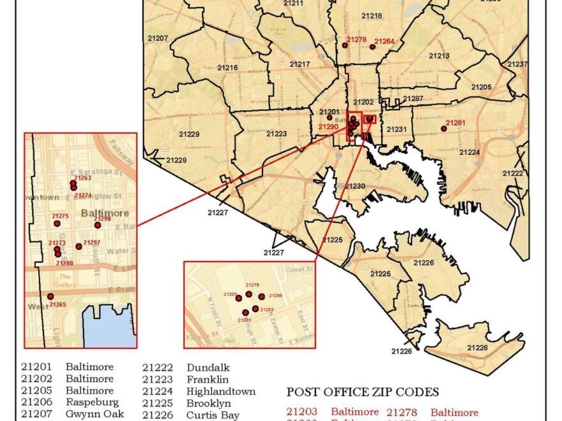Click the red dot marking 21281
[444, 129]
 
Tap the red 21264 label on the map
[384, 42]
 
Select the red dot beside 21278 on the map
[346, 45]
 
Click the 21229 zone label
[189, 135]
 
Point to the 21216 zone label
[227, 68]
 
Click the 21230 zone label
[355, 186]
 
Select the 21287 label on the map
[413, 99]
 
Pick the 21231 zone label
[396, 129]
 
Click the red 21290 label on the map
[328, 127]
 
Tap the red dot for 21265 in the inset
[50, 297]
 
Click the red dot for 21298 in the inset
[98, 225]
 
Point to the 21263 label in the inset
[83, 178]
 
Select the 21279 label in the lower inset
[252, 285]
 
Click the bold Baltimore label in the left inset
[105, 213]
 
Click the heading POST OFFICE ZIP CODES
[363, 392]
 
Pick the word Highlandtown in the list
[221, 392]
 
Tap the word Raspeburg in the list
[92, 403]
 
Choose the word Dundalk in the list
[208, 368]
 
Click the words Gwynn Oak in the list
[95, 415]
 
